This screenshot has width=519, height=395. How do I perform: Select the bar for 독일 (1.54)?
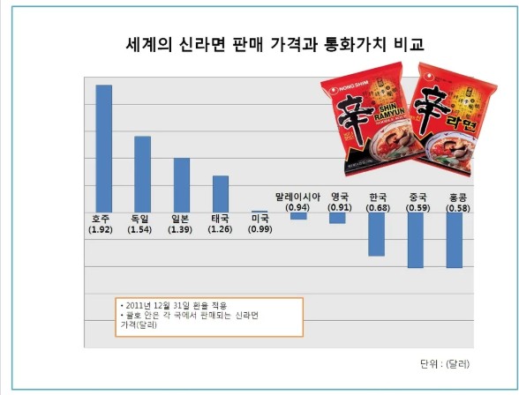[x=142, y=174]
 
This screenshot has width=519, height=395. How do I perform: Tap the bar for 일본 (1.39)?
[x=181, y=184]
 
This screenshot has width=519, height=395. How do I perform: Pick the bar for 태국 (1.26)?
[x=220, y=193]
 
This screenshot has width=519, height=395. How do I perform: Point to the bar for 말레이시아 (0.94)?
[x=298, y=215]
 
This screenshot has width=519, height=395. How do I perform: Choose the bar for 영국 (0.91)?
[x=337, y=217]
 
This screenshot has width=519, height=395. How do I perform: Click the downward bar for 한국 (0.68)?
[x=376, y=234]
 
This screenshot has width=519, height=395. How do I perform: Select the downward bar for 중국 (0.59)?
[x=415, y=239]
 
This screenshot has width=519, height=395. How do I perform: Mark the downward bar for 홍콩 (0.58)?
[x=454, y=239]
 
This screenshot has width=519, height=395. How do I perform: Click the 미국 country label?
[x=259, y=219]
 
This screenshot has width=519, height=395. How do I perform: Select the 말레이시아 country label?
[x=297, y=197]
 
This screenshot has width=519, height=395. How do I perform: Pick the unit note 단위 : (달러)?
[x=445, y=363]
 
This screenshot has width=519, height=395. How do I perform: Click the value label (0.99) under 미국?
[x=259, y=229]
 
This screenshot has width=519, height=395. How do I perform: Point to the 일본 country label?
[x=181, y=219]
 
